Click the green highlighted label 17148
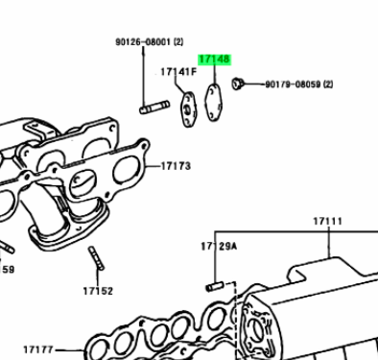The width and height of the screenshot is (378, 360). (x=214, y=60)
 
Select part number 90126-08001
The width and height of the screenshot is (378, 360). (x=144, y=42)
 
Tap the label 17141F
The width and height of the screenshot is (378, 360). (x=178, y=72)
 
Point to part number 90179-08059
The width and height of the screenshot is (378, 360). (x=293, y=84)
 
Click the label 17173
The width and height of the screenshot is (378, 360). (x=176, y=166)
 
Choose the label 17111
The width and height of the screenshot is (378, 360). (x=327, y=221)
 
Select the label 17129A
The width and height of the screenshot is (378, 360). (x=219, y=246)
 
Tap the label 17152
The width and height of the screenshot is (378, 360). (x=98, y=291)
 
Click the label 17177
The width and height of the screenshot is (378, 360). (x=38, y=349)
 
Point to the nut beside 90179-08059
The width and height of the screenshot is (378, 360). (x=237, y=84)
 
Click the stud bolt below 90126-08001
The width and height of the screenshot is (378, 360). (x=154, y=108)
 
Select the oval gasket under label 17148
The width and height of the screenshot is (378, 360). (x=213, y=102)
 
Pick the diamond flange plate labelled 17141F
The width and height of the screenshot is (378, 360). (x=188, y=109)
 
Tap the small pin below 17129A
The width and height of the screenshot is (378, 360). (x=214, y=286)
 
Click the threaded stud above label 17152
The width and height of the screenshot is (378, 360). (x=96, y=258)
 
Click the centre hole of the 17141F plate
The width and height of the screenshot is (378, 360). (x=187, y=110)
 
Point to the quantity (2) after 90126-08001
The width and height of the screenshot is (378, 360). (x=178, y=42)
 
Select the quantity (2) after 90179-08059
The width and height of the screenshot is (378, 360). (x=328, y=84)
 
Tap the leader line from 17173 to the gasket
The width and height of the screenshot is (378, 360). (x=154, y=166)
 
